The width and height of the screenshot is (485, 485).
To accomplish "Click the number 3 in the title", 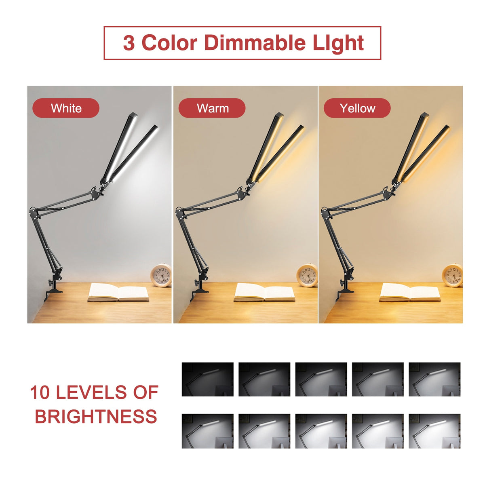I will click(x=129, y=43).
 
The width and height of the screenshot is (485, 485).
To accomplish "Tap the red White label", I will click(x=66, y=108).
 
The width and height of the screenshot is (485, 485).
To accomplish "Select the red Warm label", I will click(x=212, y=108).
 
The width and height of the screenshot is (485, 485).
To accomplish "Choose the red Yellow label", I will click(x=357, y=108).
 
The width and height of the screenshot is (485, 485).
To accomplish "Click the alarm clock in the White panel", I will click(x=162, y=276).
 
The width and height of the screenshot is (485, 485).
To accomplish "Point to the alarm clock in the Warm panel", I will click(x=307, y=276).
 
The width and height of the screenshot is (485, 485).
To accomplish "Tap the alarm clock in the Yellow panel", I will click(x=452, y=276).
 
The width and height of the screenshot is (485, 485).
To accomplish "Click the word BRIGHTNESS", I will click(x=96, y=417).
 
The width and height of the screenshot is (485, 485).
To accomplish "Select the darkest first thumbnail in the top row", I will click(x=207, y=379).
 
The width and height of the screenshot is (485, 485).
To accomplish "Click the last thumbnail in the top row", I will click(x=434, y=379).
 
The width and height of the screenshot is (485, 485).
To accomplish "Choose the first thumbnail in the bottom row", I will click(x=207, y=431).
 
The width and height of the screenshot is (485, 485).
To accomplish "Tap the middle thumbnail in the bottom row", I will click(x=321, y=431).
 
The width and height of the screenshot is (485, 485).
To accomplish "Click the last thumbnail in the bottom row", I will click(x=434, y=431).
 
